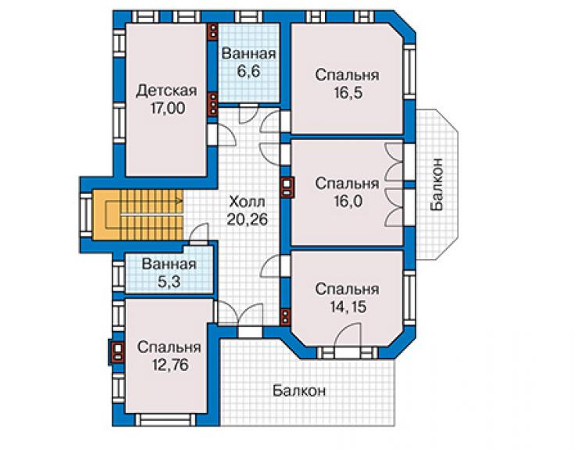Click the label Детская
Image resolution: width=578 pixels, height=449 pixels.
tap(166, 91)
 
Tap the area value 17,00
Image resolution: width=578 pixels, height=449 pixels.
tap(168, 108)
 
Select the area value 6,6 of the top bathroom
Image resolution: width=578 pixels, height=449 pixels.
tap(248, 71)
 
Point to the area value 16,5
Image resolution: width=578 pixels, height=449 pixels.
tap(348, 92)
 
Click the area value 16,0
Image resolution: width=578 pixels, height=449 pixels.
tap(348, 201)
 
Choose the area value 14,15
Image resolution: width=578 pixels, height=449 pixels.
tap(348, 306)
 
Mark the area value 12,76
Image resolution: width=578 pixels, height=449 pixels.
tap(170, 364)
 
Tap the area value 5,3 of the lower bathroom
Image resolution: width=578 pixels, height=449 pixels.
tap(169, 282)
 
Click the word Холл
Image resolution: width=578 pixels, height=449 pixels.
tap(247, 202)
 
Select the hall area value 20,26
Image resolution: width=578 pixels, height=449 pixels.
tap(247, 219)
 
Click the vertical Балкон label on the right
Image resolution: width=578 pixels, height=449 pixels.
tap(437, 184)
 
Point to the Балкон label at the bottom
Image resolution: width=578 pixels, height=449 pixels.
tap(299, 390)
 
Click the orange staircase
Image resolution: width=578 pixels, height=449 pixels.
tap(137, 215)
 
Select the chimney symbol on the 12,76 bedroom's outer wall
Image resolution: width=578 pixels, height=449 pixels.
tap(117, 351)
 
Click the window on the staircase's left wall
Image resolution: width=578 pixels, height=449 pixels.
tap(86, 215)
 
